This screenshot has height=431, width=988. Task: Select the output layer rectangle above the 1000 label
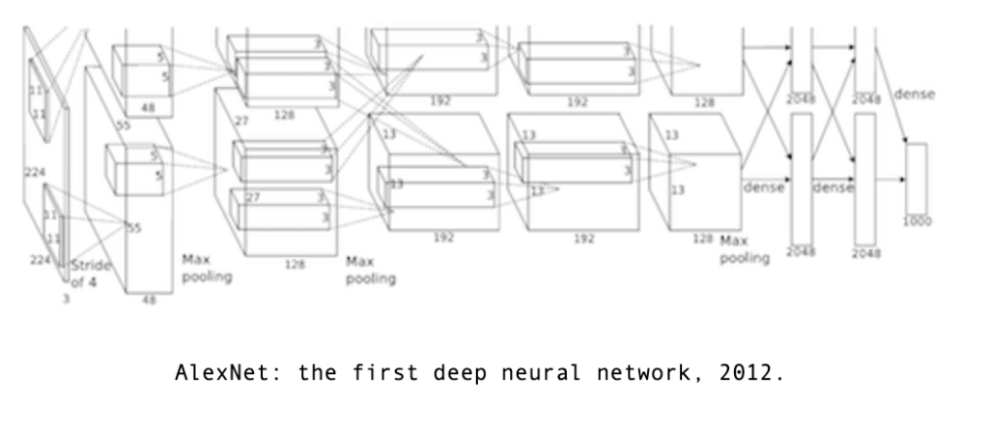coord(916,178)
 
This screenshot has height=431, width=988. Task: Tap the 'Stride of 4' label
coord(91,273)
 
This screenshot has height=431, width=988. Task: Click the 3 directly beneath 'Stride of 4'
coord(67,300)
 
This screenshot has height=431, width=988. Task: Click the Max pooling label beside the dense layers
coord(745,249)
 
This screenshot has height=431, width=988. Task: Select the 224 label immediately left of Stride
coord(39,259)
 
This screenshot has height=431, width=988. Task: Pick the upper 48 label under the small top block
coord(149,109)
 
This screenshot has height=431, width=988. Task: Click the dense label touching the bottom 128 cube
coord(763,187)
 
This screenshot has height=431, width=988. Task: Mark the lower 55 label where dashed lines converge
coord(134,228)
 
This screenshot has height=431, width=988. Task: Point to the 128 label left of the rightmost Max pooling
coord(703,237)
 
